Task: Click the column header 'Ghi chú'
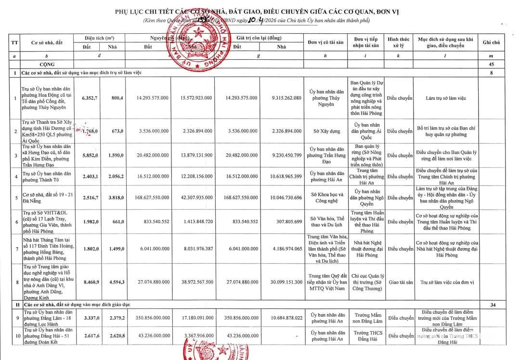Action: pos(491,42)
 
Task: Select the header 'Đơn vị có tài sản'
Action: pos(326,42)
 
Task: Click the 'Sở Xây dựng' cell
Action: pos(326,131)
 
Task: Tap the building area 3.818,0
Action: pos(116,198)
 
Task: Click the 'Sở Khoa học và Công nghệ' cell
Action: pos(326,198)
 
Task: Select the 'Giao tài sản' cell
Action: pos(400,282)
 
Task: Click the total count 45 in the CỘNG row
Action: pos(491,64)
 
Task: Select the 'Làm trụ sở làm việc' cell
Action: pos(445,98)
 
